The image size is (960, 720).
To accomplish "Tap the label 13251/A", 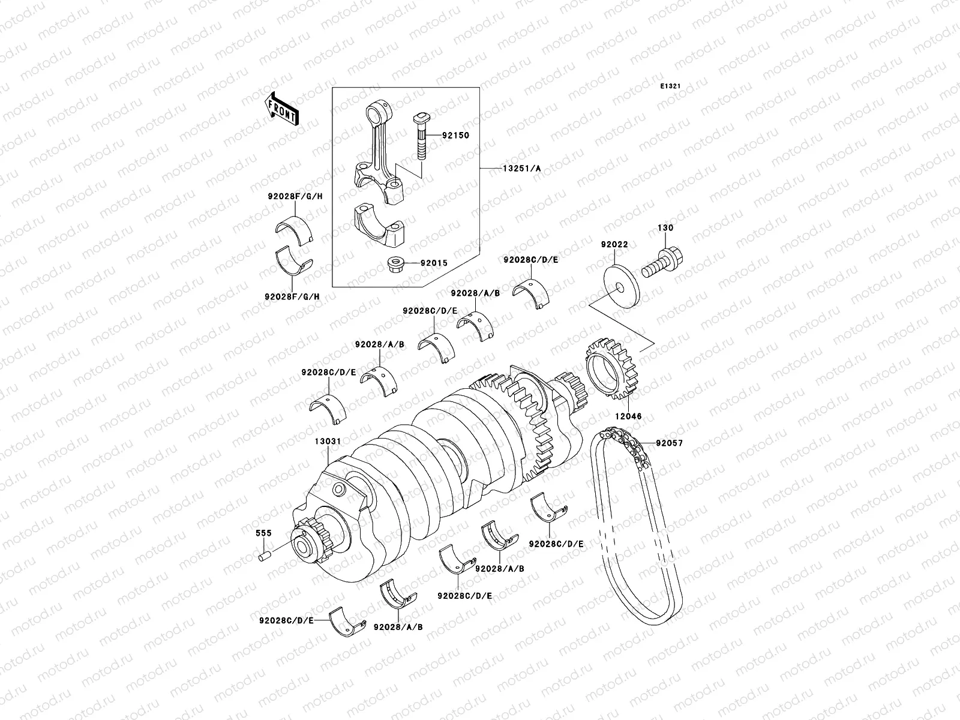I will [x=521, y=169].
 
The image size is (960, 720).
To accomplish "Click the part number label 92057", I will [x=669, y=443].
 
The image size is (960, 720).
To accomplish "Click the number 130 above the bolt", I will [x=665, y=228].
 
